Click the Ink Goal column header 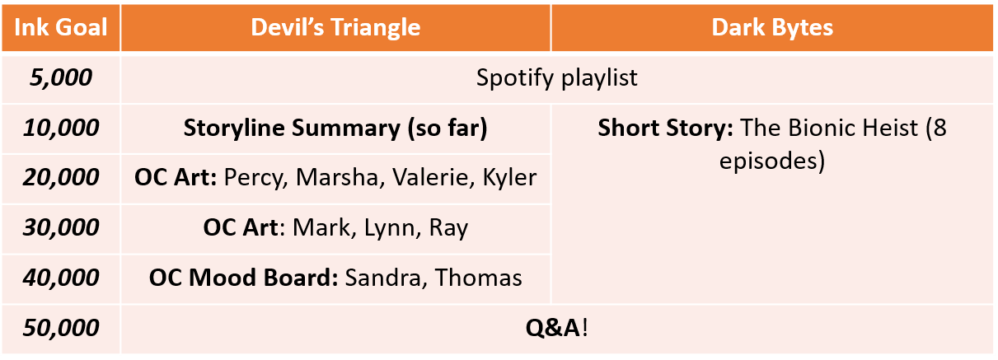(61, 27)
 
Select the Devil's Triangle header (335, 27)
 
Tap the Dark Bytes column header (772, 27)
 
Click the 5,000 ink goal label (61, 77)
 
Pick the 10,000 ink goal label (61, 128)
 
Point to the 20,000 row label (61, 177)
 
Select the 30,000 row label (61, 227)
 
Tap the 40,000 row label (61, 278)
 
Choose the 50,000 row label (61, 328)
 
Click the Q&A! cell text (557, 328)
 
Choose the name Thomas (479, 278)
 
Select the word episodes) (772, 161)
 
